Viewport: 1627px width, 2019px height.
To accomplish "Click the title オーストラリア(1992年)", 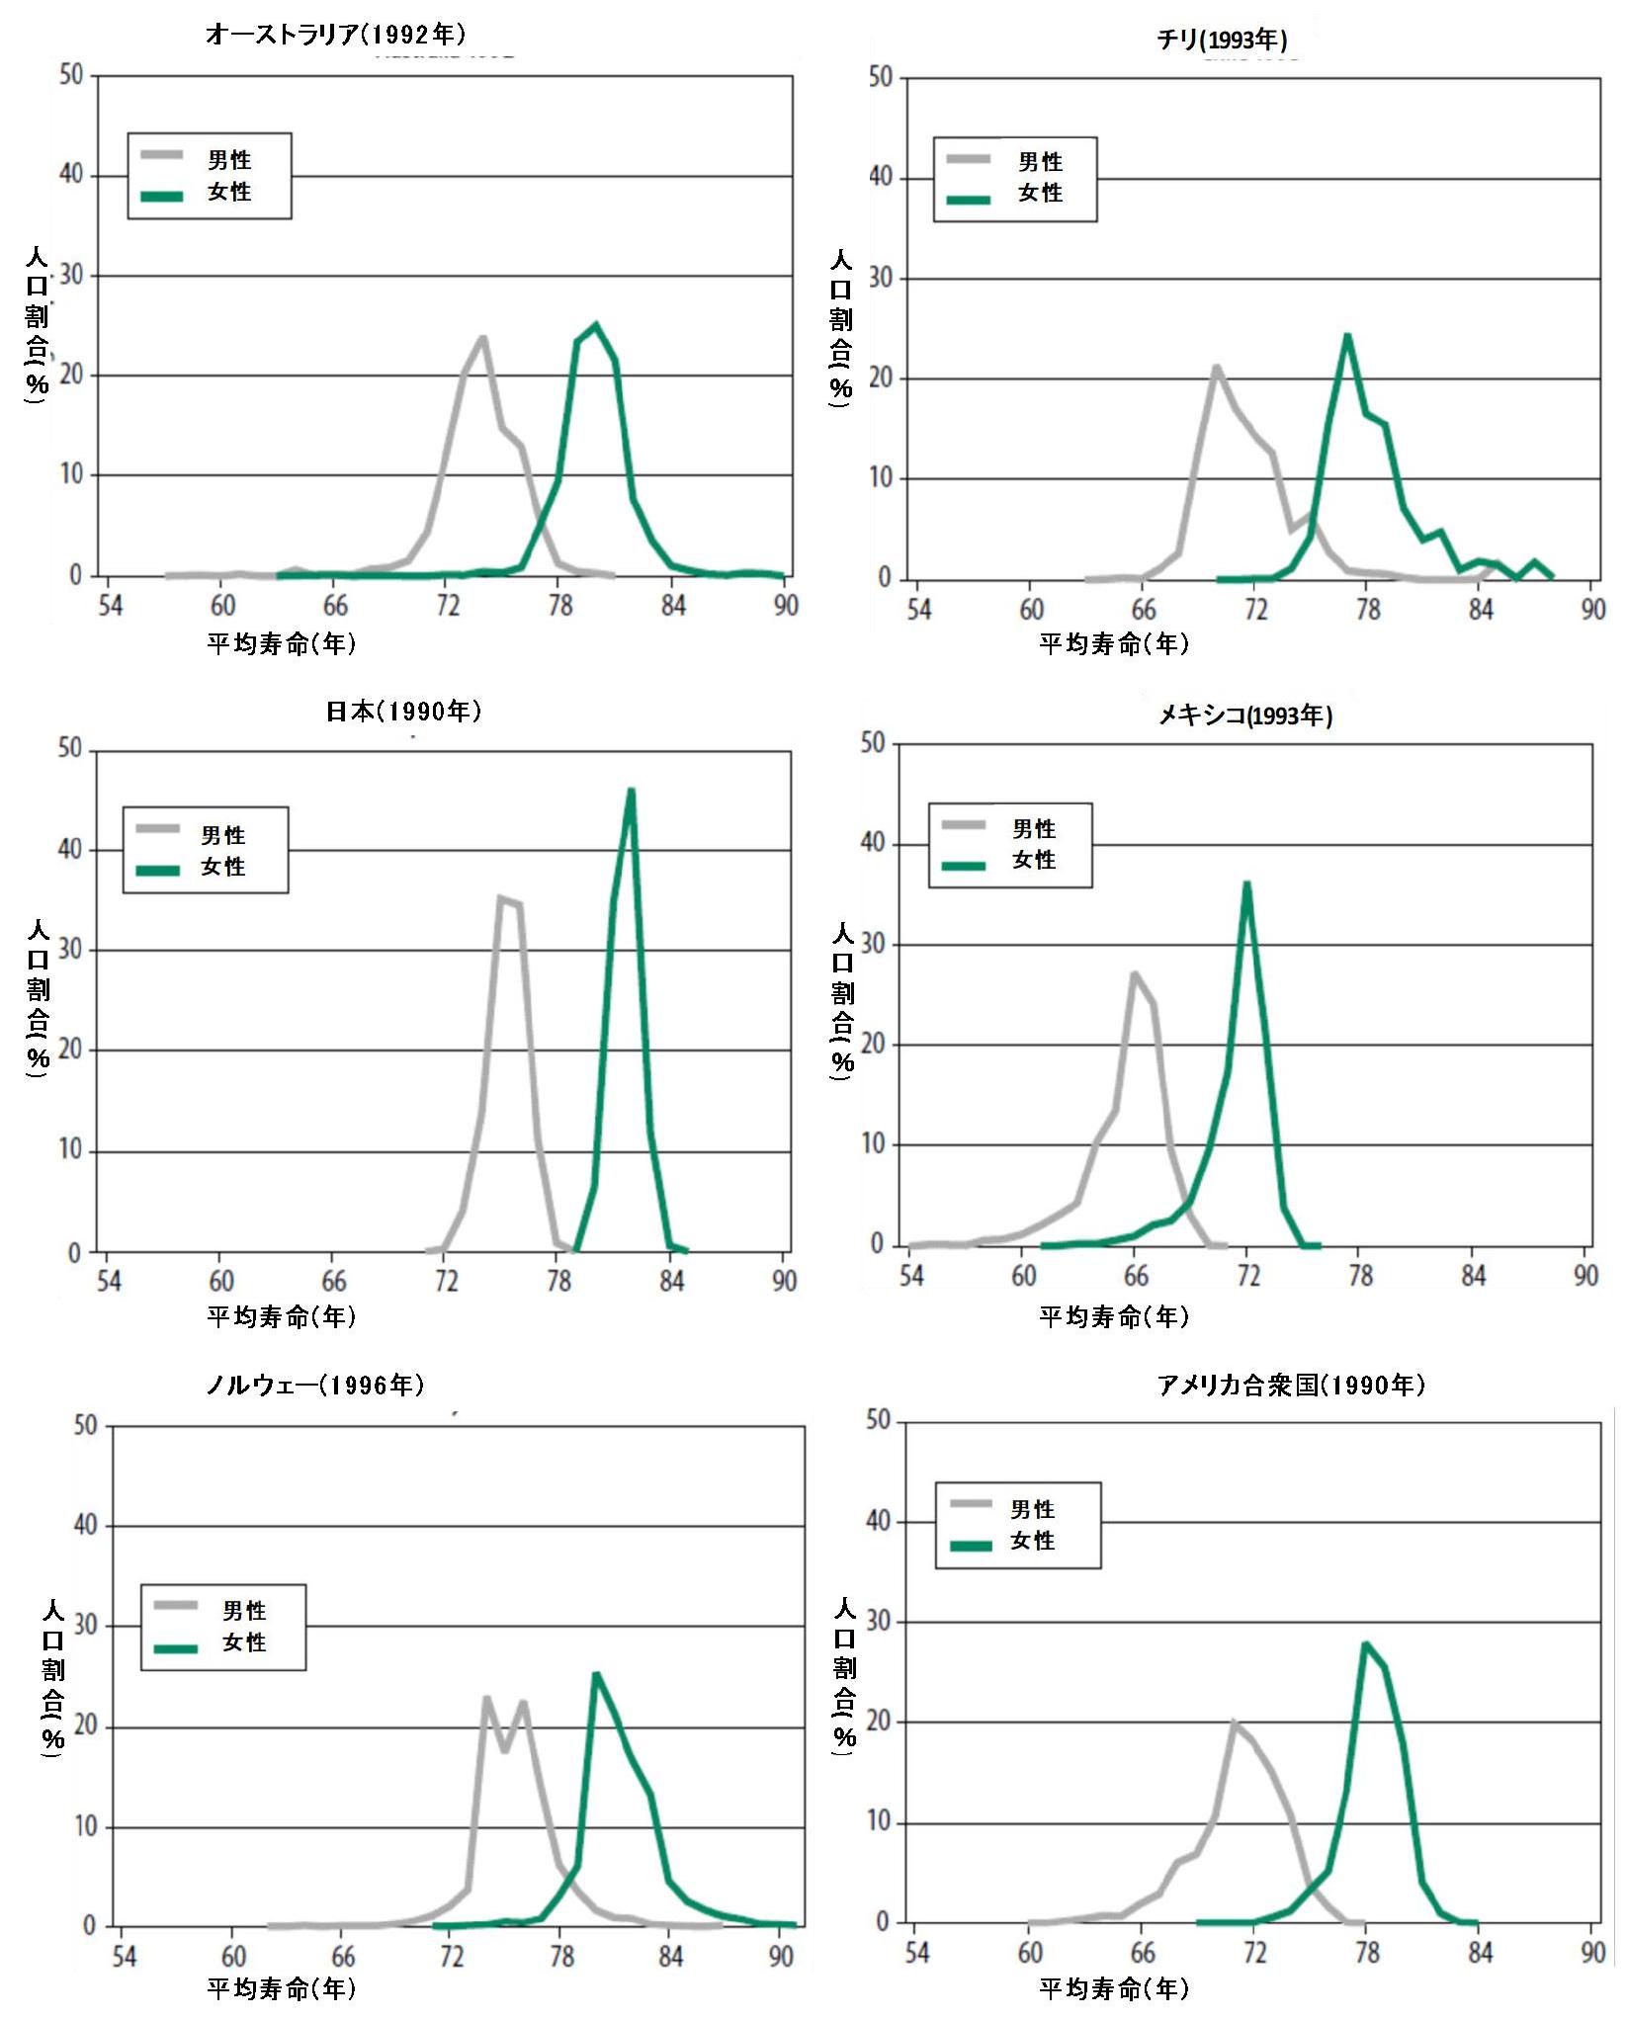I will point(335,35).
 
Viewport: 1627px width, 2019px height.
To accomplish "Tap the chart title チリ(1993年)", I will point(1222,40).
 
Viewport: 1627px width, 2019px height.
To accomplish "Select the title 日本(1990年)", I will point(403,711).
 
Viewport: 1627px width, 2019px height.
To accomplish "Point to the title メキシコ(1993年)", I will point(1245,715).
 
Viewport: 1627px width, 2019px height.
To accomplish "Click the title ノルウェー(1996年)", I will point(315,1385).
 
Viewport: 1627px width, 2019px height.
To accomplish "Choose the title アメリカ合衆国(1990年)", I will point(1291,1385).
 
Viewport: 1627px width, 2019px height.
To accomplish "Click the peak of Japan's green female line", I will point(631,790).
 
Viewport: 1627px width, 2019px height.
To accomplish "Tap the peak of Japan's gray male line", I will point(500,897).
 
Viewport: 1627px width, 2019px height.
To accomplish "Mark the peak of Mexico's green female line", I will point(1247,883).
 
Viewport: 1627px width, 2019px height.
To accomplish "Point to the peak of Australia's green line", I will point(595,324).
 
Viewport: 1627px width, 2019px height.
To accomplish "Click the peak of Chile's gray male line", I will point(1217,367).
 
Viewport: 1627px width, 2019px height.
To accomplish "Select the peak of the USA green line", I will point(1365,1643).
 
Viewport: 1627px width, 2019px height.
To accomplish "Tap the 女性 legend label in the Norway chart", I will point(244,1641).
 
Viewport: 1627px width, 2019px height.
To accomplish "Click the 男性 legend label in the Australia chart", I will point(229,160).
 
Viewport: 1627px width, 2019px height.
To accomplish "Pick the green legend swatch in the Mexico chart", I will point(964,866).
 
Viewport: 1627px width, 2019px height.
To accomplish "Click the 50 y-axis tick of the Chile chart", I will point(880,77).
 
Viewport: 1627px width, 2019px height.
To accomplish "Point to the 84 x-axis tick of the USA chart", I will point(1480,1952).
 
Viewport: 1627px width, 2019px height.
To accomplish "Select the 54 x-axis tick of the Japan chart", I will point(109,1281).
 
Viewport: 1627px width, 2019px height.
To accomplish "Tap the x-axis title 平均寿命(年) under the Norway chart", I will point(282,1988).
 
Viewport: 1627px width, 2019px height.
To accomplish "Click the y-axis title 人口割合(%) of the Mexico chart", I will point(842,1000).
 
